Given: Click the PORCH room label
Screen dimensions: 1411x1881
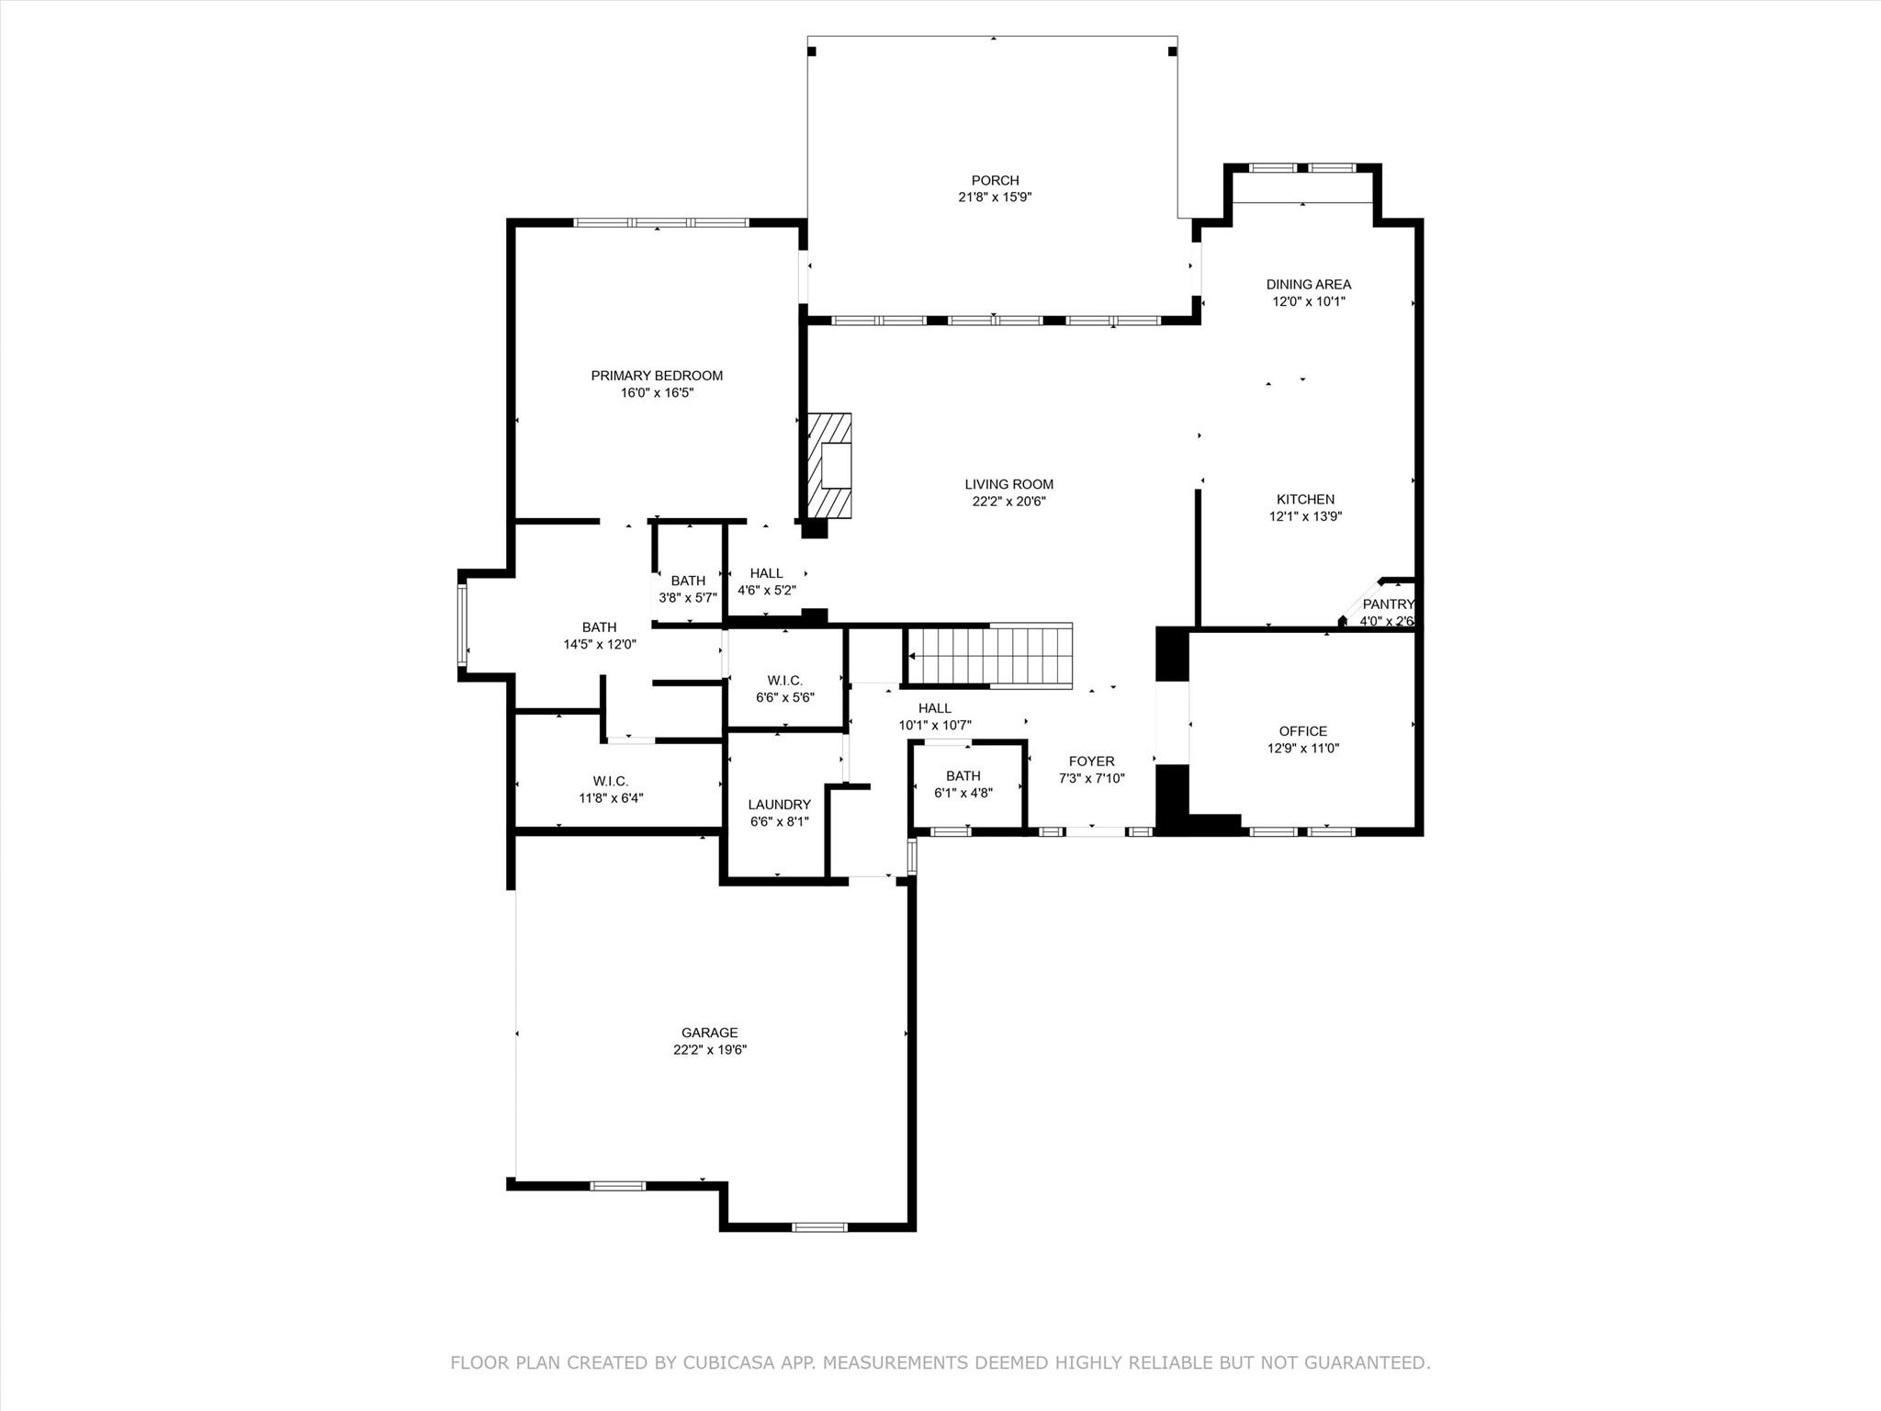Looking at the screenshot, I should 995,181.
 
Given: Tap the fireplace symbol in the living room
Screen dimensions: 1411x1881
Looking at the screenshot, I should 829,466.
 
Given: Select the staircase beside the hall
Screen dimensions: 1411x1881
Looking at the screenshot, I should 989,656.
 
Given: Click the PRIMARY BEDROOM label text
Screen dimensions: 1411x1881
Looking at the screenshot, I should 657,376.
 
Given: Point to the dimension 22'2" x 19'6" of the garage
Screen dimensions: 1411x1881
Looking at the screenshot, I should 709,1050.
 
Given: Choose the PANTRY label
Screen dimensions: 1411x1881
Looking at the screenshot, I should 1387,604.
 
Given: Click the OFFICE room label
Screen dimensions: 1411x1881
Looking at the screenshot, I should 1302,731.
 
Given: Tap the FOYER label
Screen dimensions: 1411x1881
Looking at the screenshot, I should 1091,762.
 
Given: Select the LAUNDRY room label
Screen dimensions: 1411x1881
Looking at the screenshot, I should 779,805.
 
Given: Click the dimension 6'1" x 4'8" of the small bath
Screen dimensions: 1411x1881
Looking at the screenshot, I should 963,793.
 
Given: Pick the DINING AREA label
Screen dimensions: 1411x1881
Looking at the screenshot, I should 1308,285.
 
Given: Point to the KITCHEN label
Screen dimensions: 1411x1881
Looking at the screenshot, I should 1305,500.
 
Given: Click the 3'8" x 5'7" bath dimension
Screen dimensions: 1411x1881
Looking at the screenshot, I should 688,597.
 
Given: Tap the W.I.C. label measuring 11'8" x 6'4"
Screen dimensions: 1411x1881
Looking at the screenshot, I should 611,782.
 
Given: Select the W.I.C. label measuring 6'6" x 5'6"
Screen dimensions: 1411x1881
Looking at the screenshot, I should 784,681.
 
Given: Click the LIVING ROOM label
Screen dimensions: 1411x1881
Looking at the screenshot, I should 1008,484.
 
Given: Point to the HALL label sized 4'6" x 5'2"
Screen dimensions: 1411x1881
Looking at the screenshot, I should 766,573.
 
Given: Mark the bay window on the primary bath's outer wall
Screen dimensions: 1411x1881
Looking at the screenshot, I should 463,626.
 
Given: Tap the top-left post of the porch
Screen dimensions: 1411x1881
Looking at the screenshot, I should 812,51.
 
